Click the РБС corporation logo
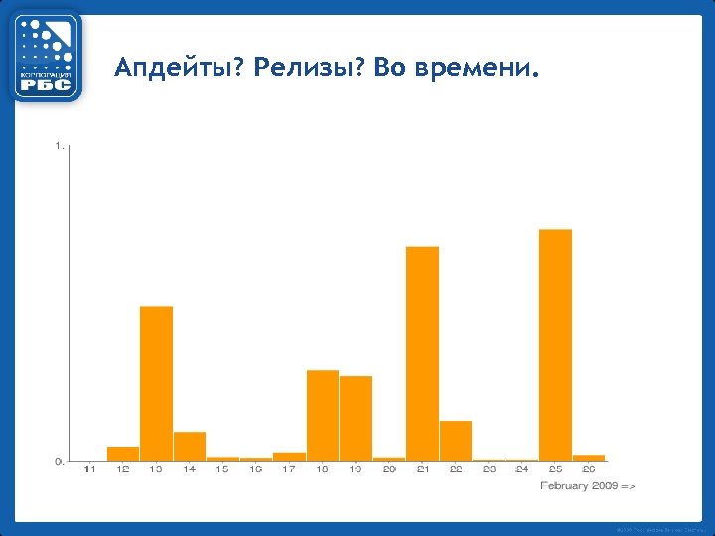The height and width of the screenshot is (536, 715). tap(47, 57)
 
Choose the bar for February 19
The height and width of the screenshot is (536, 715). tap(356, 418)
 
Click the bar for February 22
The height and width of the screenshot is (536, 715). tap(456, 441)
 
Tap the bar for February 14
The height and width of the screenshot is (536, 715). tap(190, 446)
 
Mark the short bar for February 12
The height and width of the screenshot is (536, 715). tap(123, 454)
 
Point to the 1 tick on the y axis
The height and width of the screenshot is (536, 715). tap(59, 147)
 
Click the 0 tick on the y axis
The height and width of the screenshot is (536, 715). tap(59, 461)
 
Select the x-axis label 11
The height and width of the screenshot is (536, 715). tap(90, 469)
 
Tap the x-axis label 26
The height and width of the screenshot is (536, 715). tap(589, 469)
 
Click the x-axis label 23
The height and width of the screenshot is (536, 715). tap(489, 469)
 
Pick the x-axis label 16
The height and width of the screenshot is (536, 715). tap(256, 469)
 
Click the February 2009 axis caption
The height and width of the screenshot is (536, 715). tap(587, 486)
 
